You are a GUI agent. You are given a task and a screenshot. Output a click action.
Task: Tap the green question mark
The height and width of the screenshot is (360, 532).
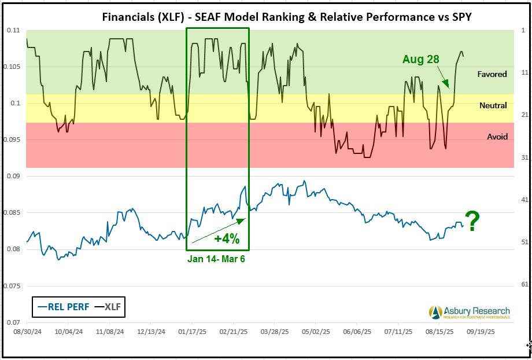(473, 222)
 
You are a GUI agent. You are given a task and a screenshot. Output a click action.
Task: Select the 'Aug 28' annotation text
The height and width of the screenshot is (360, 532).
(421, 60)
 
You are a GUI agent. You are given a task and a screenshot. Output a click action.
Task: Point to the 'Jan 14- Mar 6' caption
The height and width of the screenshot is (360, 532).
(216, 259)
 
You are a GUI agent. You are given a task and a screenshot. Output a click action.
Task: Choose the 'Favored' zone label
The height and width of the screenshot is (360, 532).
(492, 74)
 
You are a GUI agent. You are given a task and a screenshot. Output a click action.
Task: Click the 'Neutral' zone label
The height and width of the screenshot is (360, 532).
(493, 105)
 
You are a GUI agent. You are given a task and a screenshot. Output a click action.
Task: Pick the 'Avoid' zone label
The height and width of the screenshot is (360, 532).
(497, 137)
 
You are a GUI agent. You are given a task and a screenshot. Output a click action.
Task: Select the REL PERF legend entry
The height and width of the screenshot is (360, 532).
(64, 307)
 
